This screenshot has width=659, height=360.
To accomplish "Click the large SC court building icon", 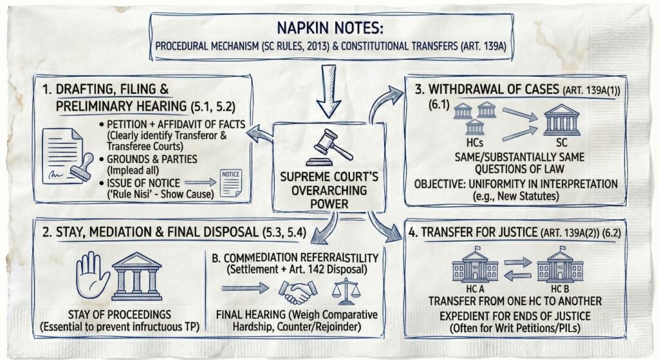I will point(561,122).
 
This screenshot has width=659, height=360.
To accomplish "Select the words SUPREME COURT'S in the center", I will point(329,178).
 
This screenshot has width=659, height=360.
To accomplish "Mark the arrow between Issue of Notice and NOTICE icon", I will point(203,184).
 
